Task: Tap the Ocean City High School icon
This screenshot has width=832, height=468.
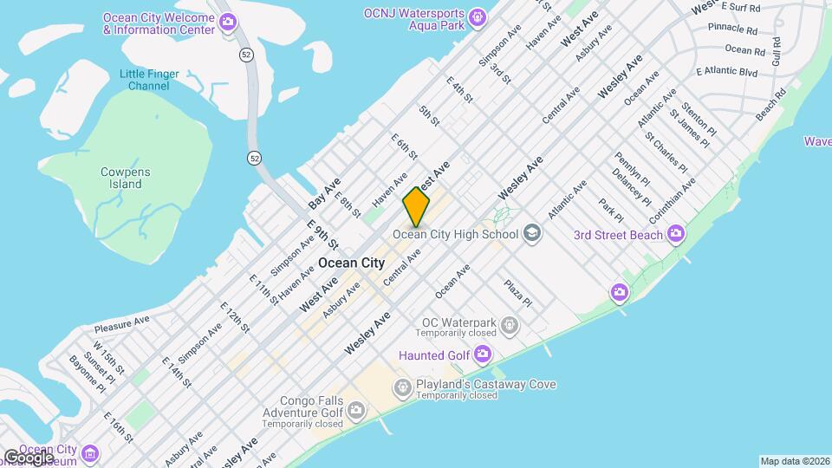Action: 531,233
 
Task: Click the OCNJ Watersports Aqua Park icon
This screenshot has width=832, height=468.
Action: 477,17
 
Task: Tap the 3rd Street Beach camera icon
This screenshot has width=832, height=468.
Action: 676,235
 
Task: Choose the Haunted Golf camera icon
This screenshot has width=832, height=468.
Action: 483,354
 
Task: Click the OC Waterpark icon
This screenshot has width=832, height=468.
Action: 510,326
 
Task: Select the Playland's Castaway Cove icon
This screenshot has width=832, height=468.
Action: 403,387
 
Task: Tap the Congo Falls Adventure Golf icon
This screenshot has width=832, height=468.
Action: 356,408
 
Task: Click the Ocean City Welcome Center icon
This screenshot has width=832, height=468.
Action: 228,23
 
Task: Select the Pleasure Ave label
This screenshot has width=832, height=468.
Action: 122,324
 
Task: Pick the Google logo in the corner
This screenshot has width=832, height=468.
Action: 28,457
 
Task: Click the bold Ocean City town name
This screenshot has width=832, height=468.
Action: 352,262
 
